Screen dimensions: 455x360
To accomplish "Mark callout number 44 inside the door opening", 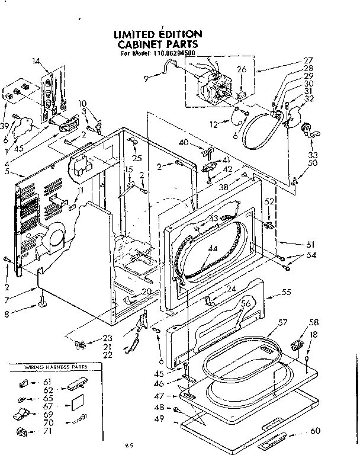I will pyautogui.click(x=211, y=249).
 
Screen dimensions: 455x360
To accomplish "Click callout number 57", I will pyautogui.click(x=282, y=322).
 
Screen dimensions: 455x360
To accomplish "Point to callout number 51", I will pyautogui.click(x=310, y=244).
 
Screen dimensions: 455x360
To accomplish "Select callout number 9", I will pyautogui.click(x=146, y=78).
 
